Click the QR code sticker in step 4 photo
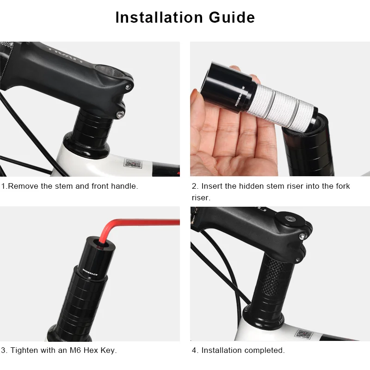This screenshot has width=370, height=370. [304, 334]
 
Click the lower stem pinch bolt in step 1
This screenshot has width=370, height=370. [120, 113]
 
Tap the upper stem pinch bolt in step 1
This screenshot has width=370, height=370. [129, 86]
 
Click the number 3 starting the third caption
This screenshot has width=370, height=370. [3, 350]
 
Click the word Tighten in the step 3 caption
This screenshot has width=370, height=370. [25, 350]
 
